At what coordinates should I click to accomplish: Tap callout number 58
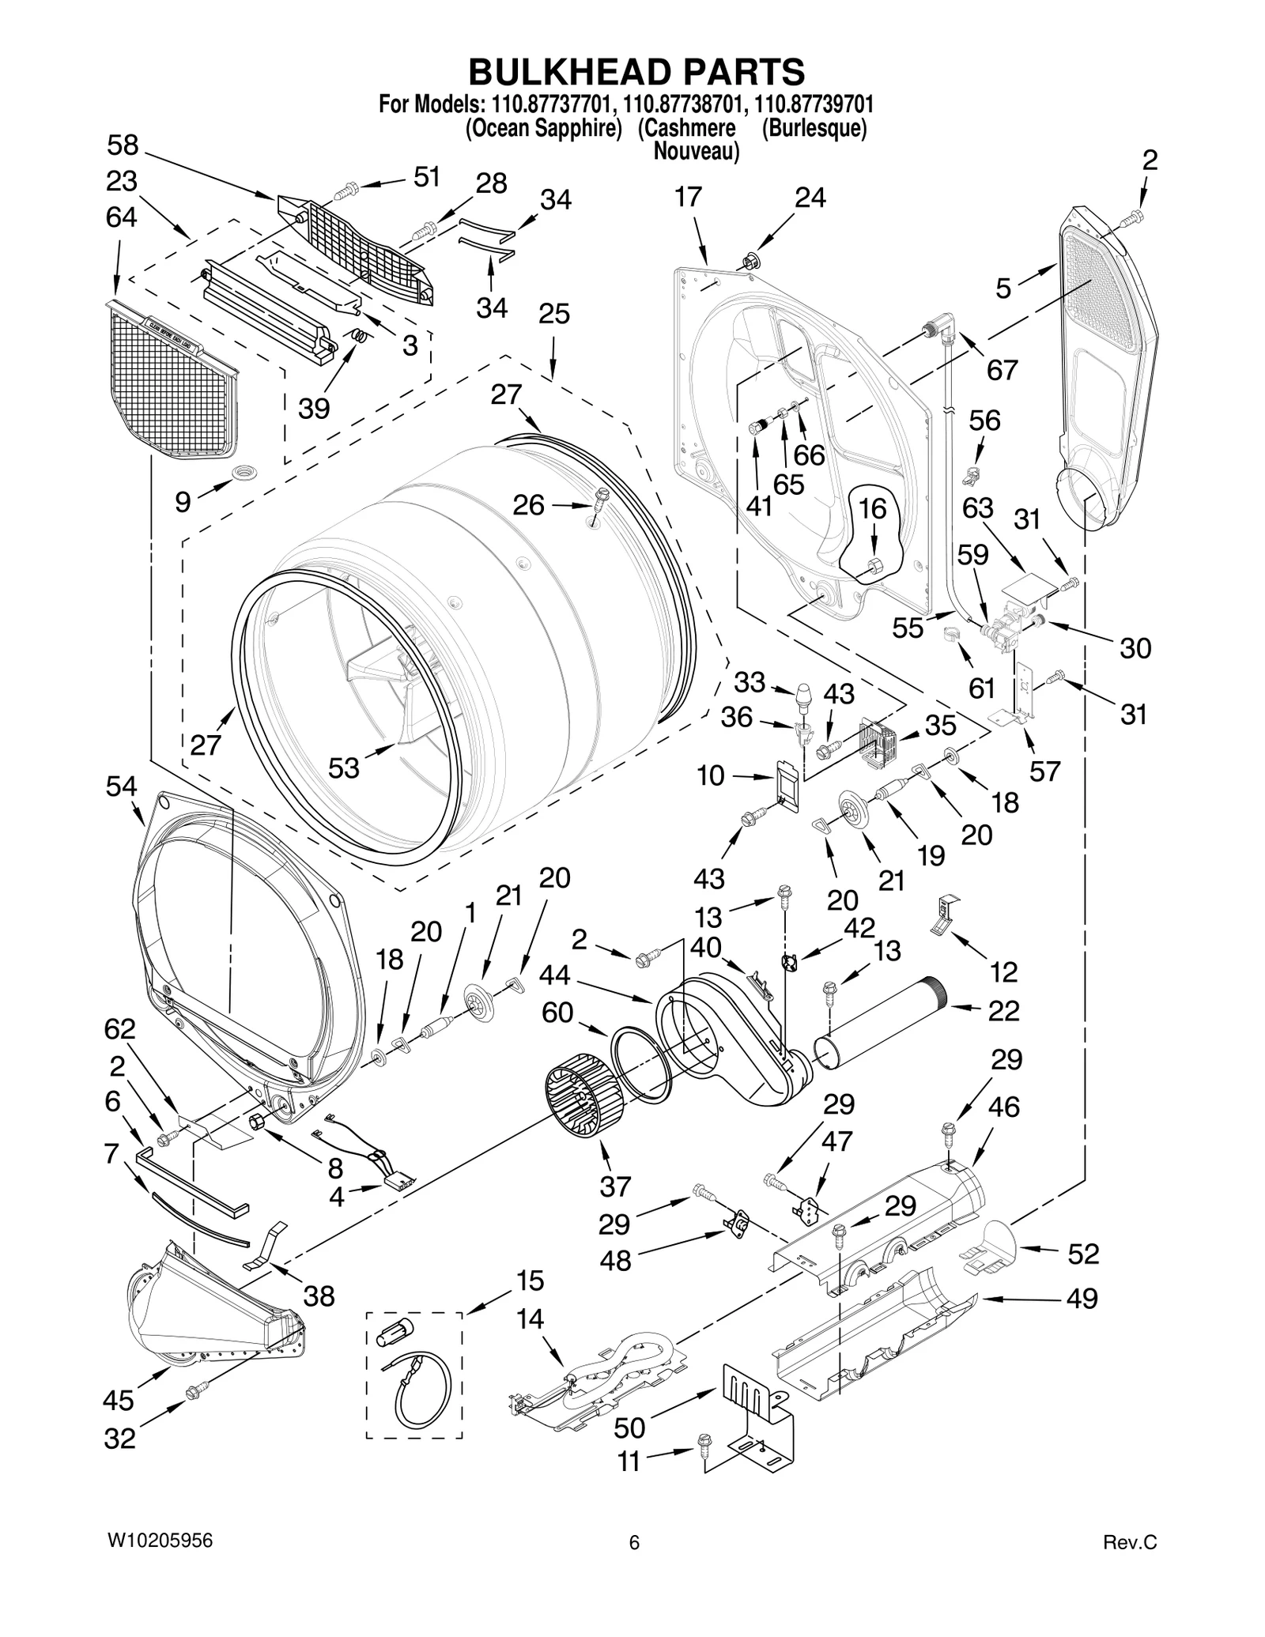point(123,145)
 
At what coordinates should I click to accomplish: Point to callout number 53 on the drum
point(344,767)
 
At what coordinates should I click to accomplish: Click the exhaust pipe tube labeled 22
point(878,1022)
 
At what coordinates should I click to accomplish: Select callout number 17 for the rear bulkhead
point(688,197)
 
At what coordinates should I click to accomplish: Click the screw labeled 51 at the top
point(346,190)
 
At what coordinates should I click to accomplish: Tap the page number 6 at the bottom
point(633,1543)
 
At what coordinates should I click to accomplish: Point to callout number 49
point(1082,1298)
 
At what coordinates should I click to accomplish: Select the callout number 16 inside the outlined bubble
point(873,509)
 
